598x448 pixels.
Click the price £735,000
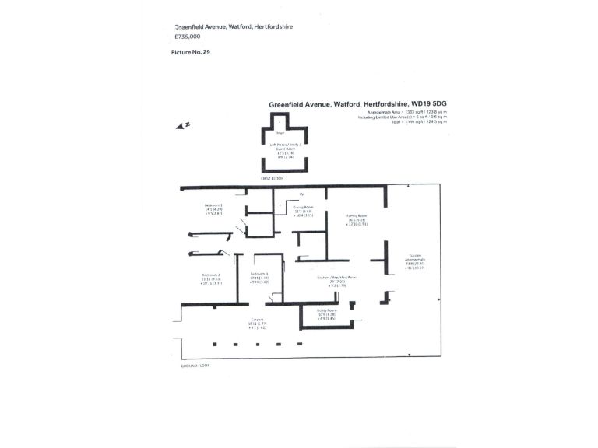pos(187,37)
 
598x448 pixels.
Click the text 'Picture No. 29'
pos(191,52)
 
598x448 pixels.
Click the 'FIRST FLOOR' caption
pos(272,178)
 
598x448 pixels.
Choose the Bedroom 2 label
pos(211,275)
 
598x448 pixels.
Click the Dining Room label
pos(303,208)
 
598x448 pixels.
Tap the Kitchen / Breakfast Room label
pos(337,278)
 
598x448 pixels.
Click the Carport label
pos(257,320)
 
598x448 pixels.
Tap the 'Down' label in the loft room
pos(280,133)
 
